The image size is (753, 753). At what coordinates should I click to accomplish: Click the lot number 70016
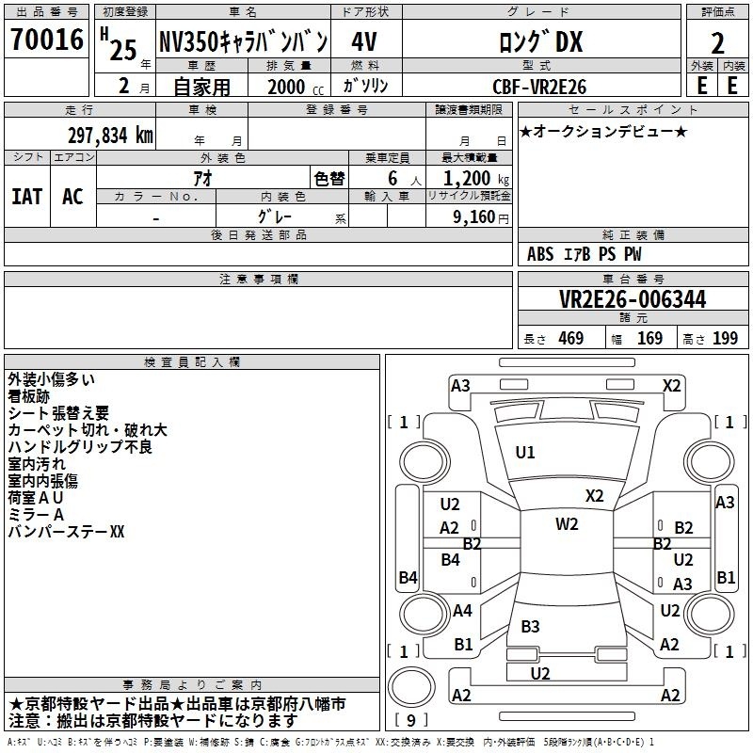tap(47, 40)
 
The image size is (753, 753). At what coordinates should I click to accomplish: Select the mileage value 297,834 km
tap(110, 136)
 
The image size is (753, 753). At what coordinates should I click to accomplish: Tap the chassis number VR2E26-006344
tap(633, 299)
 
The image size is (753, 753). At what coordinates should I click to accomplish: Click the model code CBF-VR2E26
tap(539, 87)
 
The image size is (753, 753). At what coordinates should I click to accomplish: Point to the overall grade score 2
tap(717, 43)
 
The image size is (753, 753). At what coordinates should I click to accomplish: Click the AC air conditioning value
tap(72, 197)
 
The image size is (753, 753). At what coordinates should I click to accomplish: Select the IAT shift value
tap(27, 197)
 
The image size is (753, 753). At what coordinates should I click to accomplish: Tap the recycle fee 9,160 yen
tap(481, 217)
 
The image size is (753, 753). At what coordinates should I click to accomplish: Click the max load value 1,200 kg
tap(476, 179)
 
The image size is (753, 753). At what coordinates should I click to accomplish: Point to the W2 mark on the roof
tap(567, 524)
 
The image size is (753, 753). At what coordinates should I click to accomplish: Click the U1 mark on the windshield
tap(525, 453)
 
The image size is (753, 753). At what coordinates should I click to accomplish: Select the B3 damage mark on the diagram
tap(530, 626)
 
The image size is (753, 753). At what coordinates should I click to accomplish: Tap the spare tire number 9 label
tap(411, 720)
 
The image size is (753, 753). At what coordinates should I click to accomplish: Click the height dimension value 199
tap(725, 339)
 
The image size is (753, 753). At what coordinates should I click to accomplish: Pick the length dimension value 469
tap(571, 339)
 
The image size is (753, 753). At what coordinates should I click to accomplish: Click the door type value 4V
tap(364, 41)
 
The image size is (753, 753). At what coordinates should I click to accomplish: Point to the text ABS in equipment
tap(540, 254)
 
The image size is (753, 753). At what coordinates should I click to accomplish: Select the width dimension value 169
tap(649, 339)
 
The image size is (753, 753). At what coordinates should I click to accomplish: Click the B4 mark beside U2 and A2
tap(451, 560)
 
